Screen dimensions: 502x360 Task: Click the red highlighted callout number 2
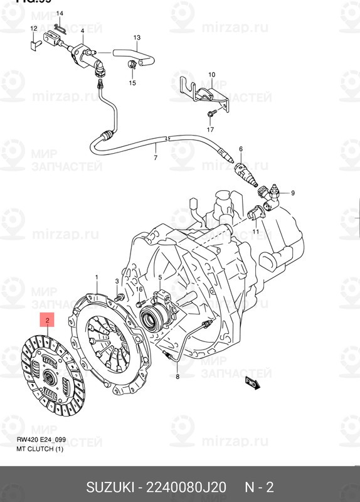click(x=48, y=321)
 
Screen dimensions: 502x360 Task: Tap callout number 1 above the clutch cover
click(x=97, y=277)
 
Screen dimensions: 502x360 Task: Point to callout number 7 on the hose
click(x=156, y=158)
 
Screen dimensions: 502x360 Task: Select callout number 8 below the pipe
click(x=177, y=376)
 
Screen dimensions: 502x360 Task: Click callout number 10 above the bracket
click(x=211, y=75)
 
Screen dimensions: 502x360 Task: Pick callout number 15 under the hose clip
click(x=132, y=83)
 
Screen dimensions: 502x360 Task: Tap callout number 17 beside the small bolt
click(x=211, y=130)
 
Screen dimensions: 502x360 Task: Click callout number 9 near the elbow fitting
click(x=292, y=192)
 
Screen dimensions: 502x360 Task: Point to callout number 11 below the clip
click(x=256, y=232)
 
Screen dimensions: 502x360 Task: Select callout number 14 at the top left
click(x=60, y=13)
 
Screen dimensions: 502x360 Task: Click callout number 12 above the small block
click(x=33, y=29)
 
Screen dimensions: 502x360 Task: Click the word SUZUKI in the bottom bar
click(x=114, y=488)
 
